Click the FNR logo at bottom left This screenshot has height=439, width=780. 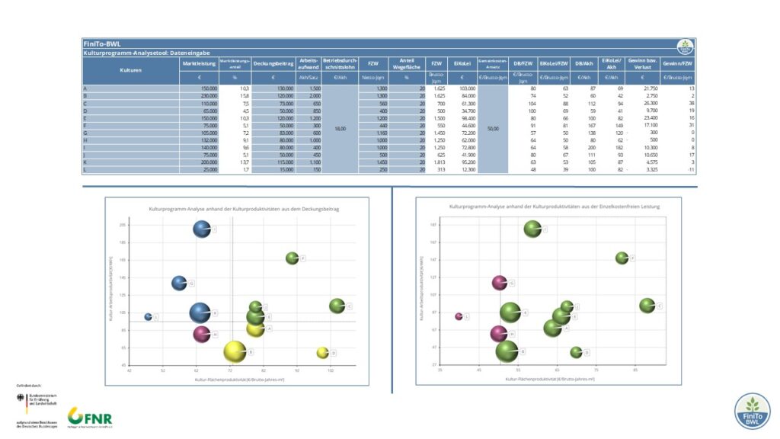90,417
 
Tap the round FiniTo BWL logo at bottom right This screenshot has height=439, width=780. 753,412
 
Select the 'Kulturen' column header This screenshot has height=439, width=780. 130,69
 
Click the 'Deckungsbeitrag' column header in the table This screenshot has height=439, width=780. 273,65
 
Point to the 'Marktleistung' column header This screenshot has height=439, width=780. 199,65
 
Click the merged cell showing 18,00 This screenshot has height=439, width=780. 340,129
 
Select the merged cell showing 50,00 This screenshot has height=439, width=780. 493,129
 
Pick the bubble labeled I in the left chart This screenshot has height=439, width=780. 201,229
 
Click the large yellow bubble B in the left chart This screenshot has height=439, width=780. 235,351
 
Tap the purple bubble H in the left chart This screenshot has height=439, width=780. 201,335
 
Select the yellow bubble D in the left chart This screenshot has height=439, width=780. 322,353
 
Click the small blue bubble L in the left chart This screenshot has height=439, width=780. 149,316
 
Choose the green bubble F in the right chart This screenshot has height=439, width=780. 622,258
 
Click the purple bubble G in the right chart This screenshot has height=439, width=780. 500,283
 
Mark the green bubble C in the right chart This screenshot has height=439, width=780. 647,306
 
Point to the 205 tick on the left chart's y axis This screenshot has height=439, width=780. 123,225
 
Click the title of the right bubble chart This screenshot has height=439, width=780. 555,207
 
